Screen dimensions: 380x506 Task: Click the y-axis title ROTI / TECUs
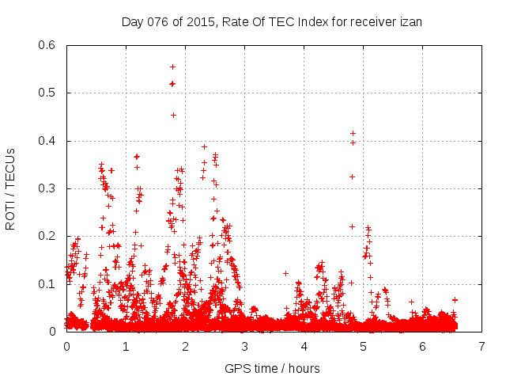tap(11, 188)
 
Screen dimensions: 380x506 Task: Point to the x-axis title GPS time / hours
tap(273, 368)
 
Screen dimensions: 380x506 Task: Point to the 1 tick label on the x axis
tap(126, 346)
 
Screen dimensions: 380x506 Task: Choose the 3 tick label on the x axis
tap(244, 346)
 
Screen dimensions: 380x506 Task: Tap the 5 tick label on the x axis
tap(364, 346)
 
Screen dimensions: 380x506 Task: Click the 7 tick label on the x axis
tap(482, 346)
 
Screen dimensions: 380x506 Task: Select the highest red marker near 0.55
tap(172, 66)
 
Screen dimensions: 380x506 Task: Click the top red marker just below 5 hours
tap(353, 133)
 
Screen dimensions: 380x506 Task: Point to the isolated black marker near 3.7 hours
tap(286, 273)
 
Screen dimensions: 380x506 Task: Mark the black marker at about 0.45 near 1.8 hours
tap(173, 115)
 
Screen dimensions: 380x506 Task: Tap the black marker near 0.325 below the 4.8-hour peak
tap(352, 176)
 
